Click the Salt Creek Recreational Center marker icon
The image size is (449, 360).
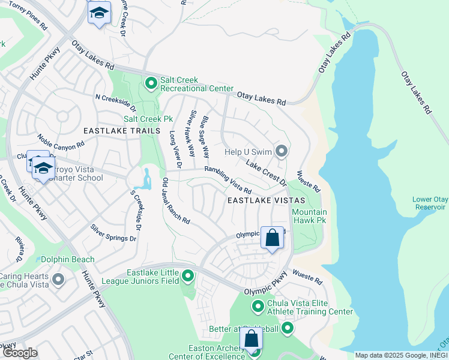pos(151,82)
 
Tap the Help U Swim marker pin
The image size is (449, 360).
pos(280,151)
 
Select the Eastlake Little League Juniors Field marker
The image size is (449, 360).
pos(188,277)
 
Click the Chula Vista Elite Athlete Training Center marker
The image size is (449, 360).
pos(258,307)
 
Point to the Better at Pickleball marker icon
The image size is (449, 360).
pos(288,328)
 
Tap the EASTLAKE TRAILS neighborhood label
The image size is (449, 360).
pos(122,130)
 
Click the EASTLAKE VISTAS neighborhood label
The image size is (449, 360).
pos(265,200)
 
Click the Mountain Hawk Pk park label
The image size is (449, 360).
pos(309,217)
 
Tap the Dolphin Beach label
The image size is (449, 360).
pos(68,259)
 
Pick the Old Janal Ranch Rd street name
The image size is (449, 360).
pos(176,202)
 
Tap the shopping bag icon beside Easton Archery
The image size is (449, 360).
pos(251,339)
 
